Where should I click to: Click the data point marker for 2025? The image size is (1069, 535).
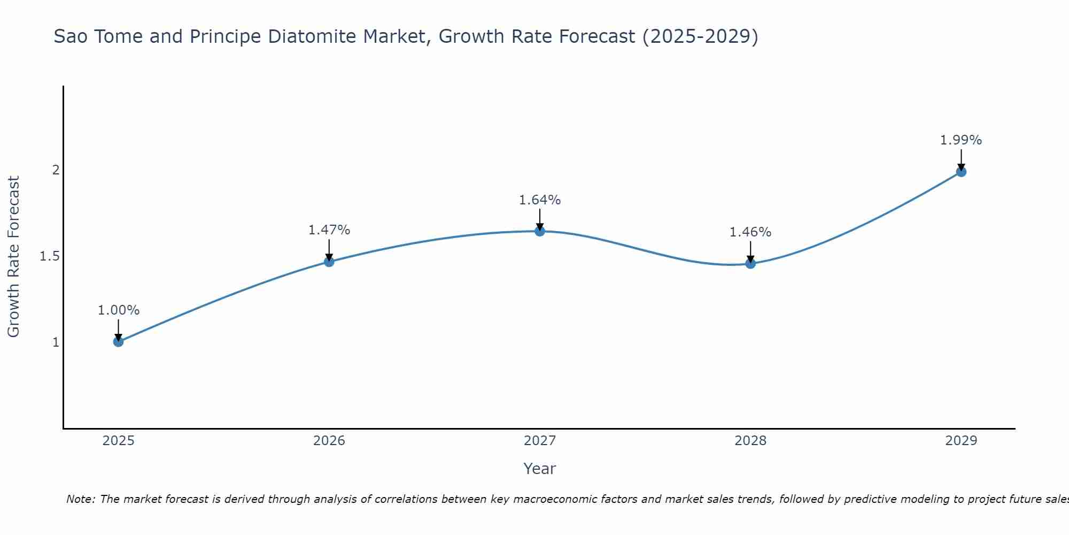[119, 341]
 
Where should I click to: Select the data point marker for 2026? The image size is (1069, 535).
[329, 262]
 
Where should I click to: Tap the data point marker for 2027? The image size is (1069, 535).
[540, 231]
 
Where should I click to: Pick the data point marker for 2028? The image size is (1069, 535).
[750, 263]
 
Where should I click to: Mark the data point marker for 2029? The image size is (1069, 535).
[961, 172]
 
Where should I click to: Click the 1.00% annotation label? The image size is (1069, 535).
[119, 310]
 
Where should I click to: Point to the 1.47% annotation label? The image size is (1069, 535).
[329, 230]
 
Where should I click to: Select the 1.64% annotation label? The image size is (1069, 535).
[540, 200]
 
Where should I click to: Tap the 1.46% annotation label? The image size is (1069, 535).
[750, 232]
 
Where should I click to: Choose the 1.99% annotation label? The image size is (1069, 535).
[961, 140]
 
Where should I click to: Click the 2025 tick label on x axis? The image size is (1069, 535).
[119, 441]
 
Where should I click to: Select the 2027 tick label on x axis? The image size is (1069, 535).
[540, 441]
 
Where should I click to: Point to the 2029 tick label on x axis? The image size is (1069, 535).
[961, 441]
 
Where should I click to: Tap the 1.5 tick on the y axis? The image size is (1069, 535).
[49, 256]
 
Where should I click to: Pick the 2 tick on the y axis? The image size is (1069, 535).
[56, 170]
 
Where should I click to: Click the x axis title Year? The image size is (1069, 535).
[540, 469]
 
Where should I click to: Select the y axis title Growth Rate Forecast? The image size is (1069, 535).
[14, 256]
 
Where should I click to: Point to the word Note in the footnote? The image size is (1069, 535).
[80, 499]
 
